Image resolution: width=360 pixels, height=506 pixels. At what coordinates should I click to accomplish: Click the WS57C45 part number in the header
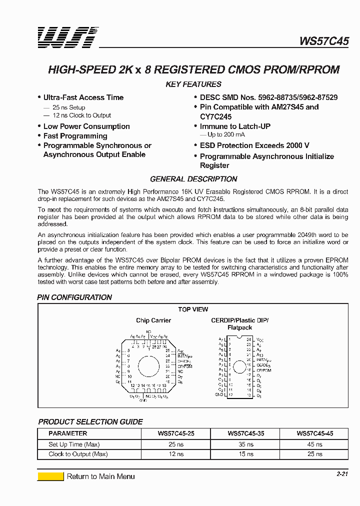tap(324, 41)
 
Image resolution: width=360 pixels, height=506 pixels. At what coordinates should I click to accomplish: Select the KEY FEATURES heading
tap(193, 84)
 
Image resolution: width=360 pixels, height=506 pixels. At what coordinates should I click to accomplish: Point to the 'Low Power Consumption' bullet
tap(86, 126)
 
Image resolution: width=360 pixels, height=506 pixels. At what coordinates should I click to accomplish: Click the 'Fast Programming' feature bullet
tap(75, 136)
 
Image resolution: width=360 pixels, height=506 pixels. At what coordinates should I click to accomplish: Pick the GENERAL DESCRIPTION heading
tap(193, 179)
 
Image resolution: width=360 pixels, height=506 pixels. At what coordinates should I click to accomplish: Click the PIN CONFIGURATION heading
tap(74, 297)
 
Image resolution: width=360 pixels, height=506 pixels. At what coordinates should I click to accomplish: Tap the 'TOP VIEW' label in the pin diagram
tap(193, 309)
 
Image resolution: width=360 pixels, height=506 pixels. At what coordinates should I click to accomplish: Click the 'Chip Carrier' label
tap(153, 320)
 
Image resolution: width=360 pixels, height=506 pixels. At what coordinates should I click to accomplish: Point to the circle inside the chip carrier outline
tap(148, 366)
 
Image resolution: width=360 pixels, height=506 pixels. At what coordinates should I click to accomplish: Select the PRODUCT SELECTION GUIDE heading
tap(90, 422)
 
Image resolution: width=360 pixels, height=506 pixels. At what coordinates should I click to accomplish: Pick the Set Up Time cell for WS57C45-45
tap(315, 444)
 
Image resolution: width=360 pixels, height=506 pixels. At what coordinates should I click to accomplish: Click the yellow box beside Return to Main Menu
tap(50, 476)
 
